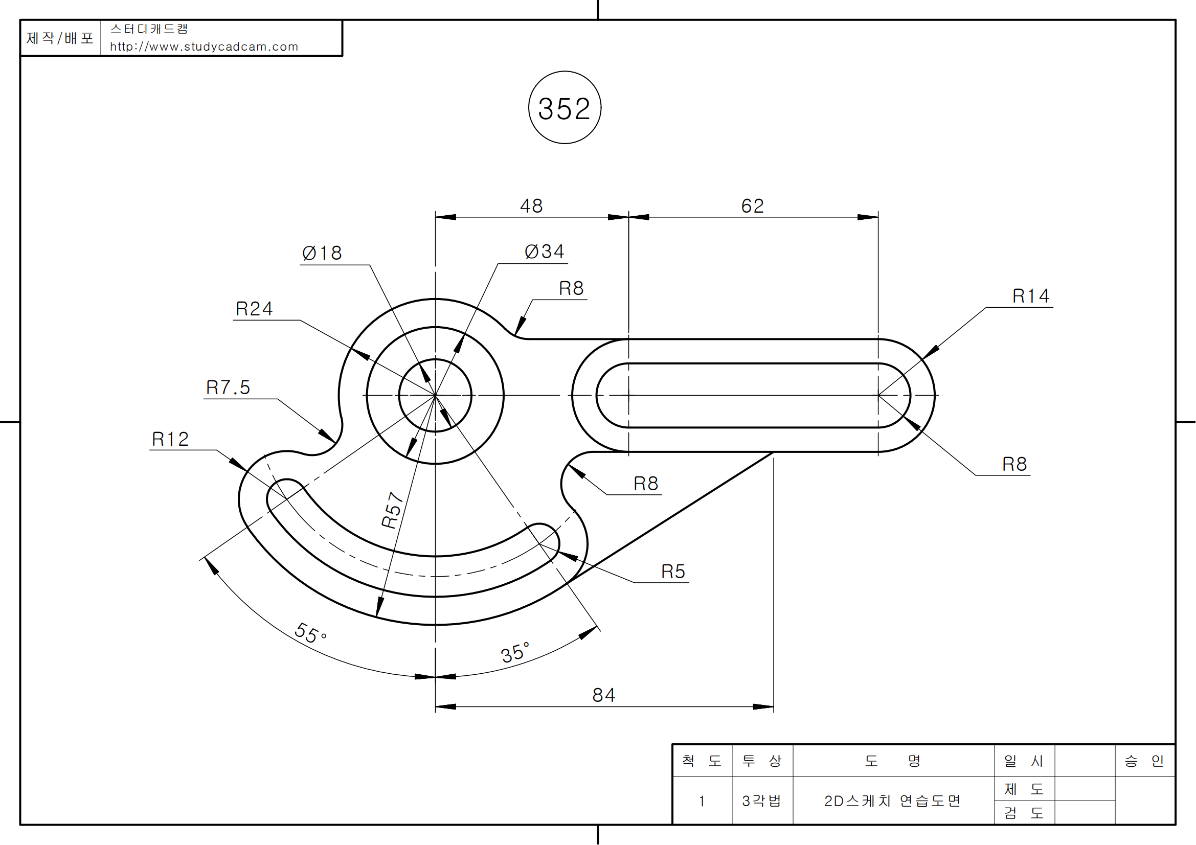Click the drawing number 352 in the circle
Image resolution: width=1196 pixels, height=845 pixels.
[x=565, y=108]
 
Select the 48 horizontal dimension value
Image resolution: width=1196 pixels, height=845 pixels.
[x=531, y=206]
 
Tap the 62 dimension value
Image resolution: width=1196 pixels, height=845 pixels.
[x=753, y=206]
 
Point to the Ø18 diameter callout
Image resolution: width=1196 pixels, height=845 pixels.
[x=323, y=254]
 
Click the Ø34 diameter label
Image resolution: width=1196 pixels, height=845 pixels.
[x=545, y=252]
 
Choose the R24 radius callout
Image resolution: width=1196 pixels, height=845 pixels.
[x=254, y=309]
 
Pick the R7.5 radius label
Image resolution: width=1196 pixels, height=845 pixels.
[x=228, y=388]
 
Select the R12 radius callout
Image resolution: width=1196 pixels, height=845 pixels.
[x=170, y=440]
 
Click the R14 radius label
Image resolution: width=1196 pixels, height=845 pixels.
[x=1031, y=296]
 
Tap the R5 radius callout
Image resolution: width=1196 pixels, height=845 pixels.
[x=673, y=572]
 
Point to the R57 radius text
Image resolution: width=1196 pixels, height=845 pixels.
[x=393, y=510]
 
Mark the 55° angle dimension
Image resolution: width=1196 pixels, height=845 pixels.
[x=310, y=633]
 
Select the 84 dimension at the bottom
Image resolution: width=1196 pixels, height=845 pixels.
[x=604, y=696]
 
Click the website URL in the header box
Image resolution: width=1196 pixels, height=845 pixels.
[x=204, y=47]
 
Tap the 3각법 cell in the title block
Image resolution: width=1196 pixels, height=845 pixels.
[x=761, y=801]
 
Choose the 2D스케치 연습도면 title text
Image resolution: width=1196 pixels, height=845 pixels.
[x=892, y=801]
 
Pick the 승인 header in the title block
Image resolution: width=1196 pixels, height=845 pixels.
[x=1144, y=761]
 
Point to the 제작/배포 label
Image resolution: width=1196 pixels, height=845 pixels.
[x=60, y=38]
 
